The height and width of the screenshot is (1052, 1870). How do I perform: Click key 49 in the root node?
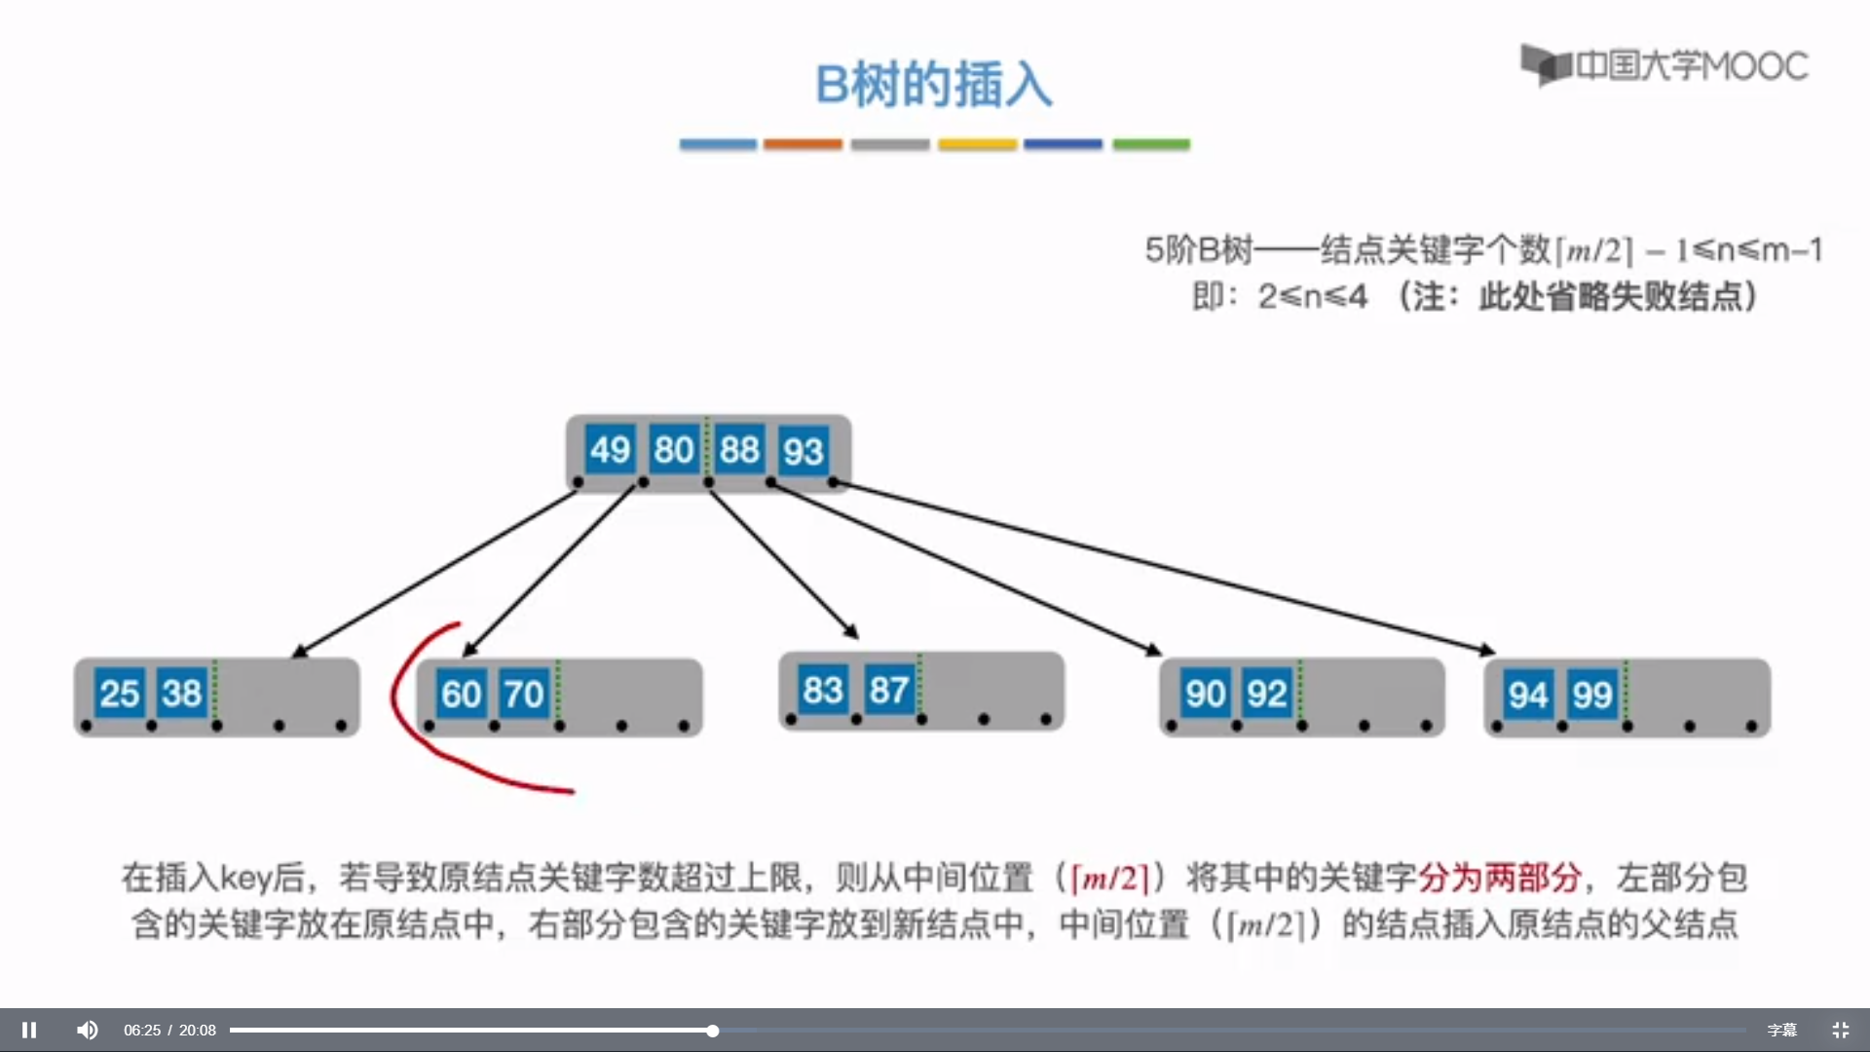611,450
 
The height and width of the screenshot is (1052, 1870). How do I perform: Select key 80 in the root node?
674,450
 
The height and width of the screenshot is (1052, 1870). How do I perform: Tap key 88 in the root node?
739,450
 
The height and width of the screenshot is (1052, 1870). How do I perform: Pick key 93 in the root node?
804,451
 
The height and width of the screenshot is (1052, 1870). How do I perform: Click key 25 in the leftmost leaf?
120,694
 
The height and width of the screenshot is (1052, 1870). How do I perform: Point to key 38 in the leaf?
182,694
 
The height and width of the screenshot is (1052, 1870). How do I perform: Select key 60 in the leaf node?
462,695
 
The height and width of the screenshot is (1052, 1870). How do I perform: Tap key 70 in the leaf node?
524,695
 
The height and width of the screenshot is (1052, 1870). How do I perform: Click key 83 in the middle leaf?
823,690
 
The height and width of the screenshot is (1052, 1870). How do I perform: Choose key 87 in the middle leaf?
888,690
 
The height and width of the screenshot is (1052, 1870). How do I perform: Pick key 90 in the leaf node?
1205,694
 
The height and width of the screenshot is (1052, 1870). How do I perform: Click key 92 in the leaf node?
1267,694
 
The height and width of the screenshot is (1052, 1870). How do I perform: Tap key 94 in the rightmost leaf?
1528,695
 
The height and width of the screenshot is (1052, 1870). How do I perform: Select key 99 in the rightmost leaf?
1592,695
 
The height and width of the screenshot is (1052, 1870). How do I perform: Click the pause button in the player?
29,1030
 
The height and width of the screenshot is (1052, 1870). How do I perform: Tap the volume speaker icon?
88,1030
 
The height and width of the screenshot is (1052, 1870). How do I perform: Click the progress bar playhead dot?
713,1031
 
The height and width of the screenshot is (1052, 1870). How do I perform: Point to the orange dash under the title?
803,144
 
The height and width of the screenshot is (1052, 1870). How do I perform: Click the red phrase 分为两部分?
1499,878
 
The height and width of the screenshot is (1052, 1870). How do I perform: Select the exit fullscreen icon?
1840,1030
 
